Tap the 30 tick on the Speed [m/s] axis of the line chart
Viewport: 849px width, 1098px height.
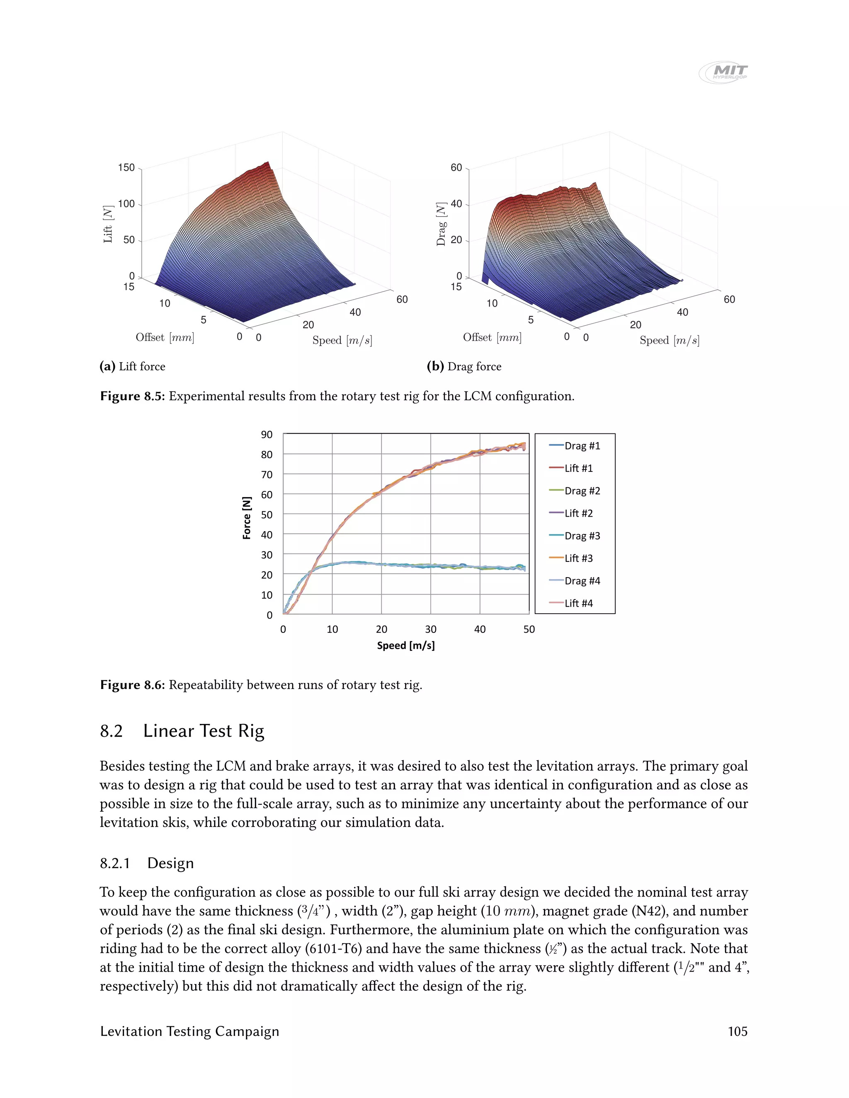coord(431,629)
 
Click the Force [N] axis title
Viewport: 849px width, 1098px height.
coord(247,518)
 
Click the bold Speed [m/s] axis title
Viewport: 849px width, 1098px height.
coord(405,646)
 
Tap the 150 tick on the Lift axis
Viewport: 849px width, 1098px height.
coord(126,167)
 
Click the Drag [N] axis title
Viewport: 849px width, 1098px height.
coord(441,224)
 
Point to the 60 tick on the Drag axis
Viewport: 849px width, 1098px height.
coord(456,167)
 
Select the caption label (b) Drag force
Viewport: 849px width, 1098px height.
coord(464,367)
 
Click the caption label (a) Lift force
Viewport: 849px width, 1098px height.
coord(132,367)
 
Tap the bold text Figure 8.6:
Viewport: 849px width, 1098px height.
coord(132,685)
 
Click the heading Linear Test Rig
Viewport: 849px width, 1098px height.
coord(203,730)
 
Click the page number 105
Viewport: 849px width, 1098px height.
coord(737,1031)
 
